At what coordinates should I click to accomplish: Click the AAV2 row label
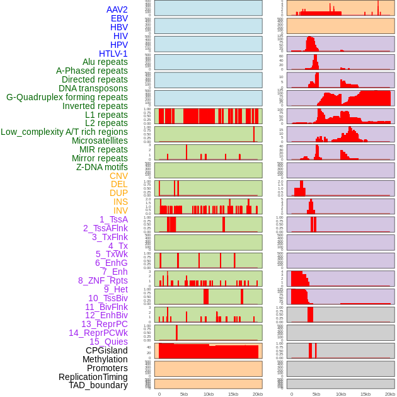click(x=117, y=9)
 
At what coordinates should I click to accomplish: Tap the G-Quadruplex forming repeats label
click(x=67, y=97)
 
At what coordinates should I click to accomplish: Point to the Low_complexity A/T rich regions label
click(x=64, y=132)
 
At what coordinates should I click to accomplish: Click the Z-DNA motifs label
click(x=101, y=167)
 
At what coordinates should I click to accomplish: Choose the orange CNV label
click(x=118, y=176)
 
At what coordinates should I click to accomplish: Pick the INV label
click(x=120, y=210)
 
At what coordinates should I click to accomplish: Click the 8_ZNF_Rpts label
click(x=103, y=280)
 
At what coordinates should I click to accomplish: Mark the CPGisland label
click(x=106, y=350)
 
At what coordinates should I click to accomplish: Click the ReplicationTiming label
click(x=93, y=377)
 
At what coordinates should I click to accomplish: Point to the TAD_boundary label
click(x=98, y=385)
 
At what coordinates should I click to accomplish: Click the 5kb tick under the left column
click(x=184, y=394)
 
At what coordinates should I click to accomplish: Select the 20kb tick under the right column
click(x=390, y=394)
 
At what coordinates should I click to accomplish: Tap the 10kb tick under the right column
click(x=341, y=394)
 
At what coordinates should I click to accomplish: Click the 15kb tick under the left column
click(x=233, y=394)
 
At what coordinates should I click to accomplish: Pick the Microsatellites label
click(x=100, y=141)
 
